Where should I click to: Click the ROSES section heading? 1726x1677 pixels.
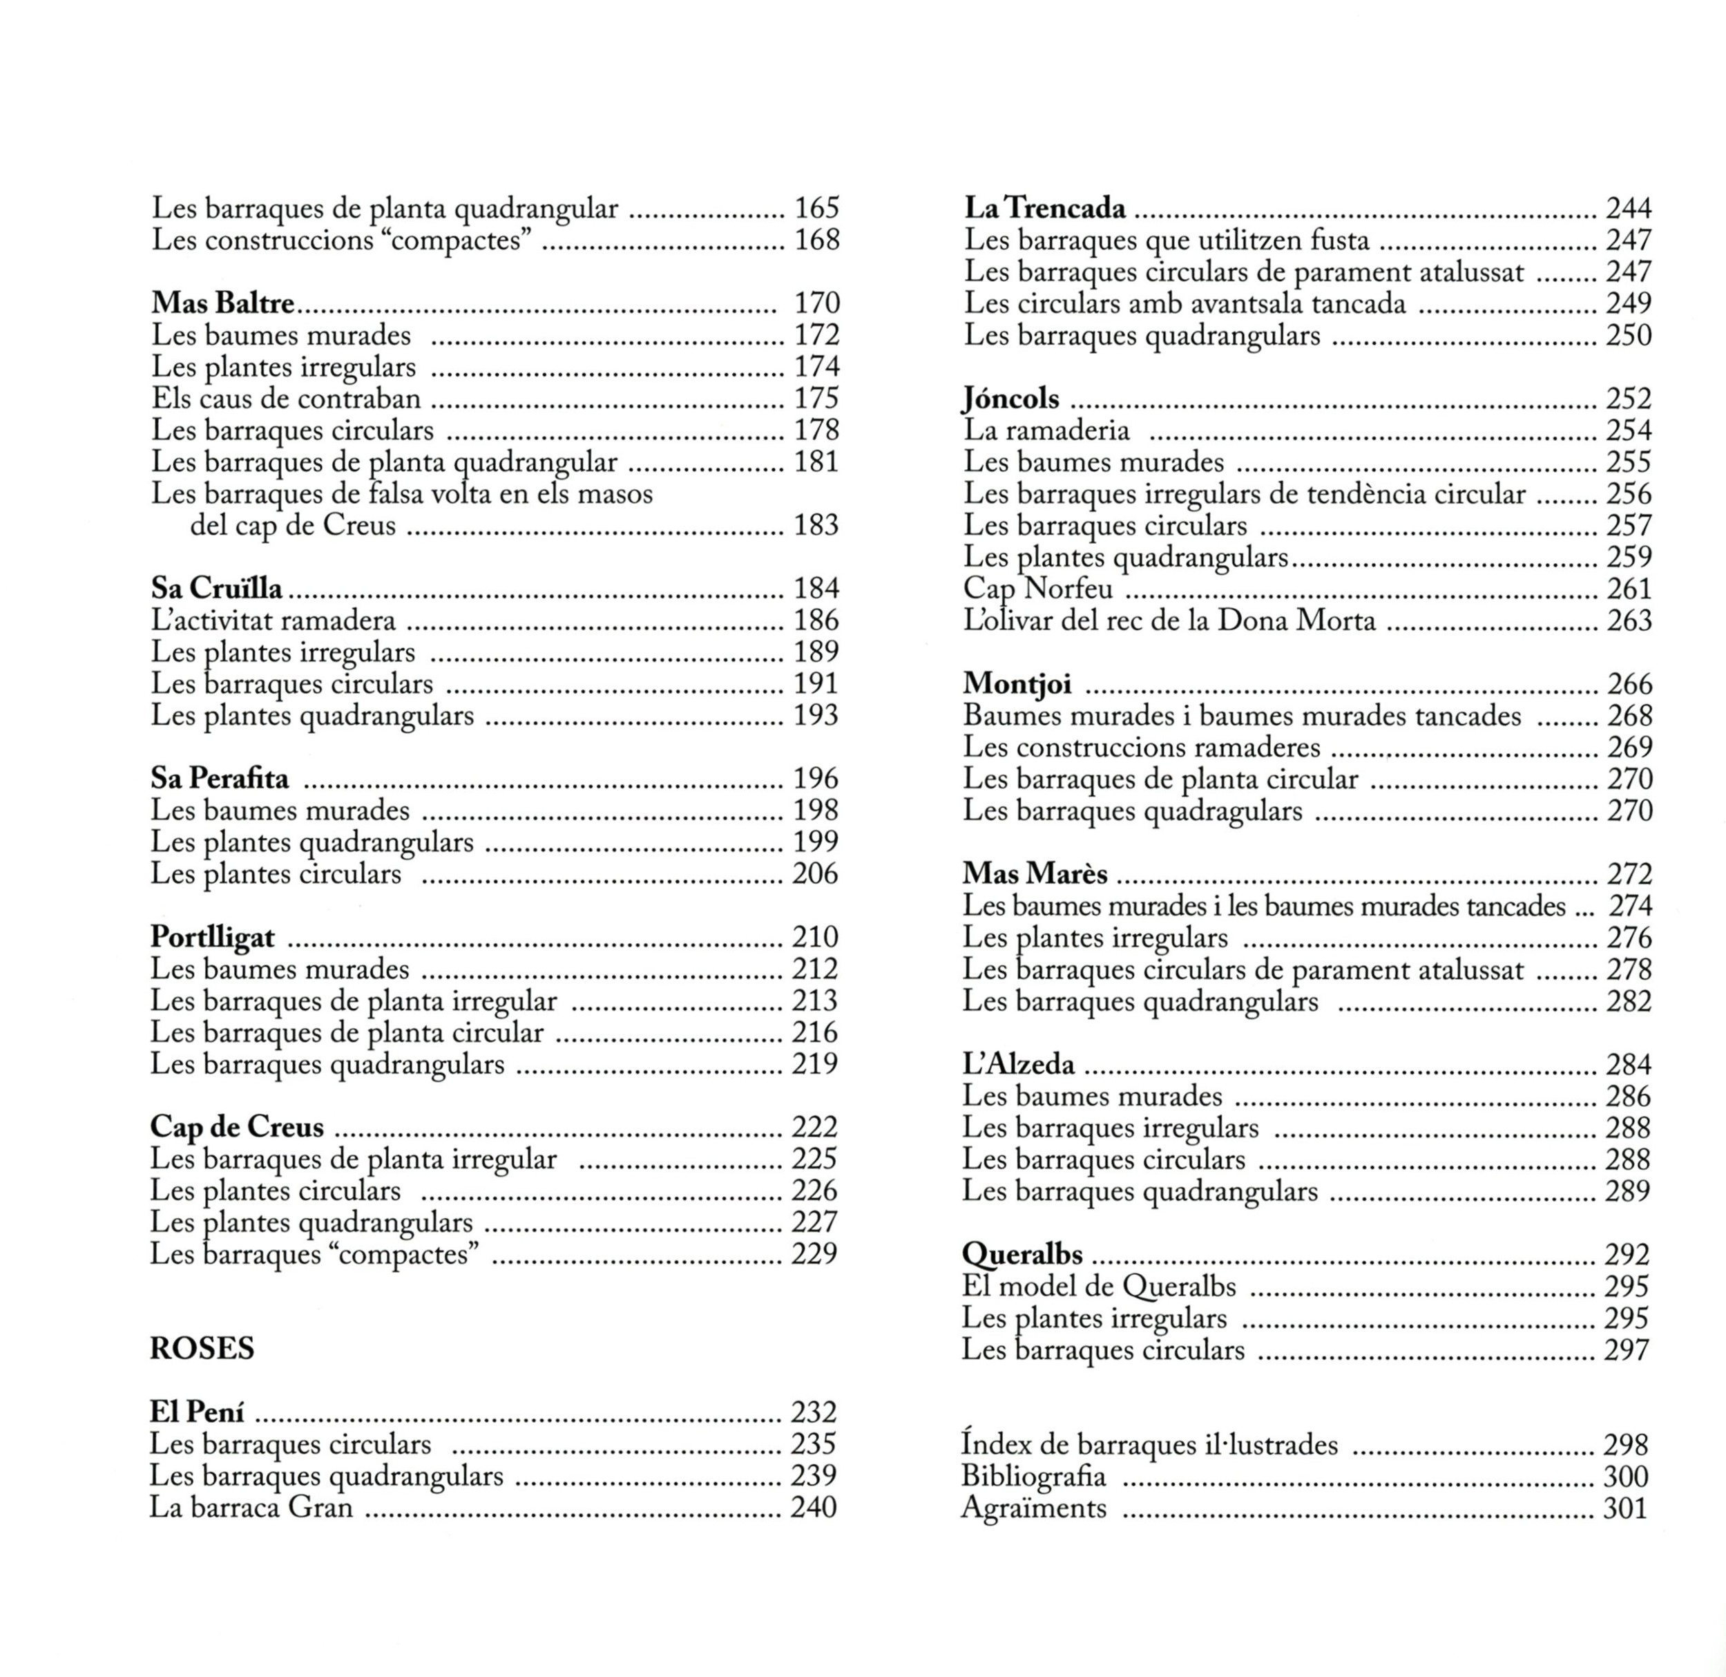pos(202,1349)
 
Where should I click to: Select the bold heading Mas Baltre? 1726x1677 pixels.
pos(223,303)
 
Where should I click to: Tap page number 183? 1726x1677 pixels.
pos(816,526)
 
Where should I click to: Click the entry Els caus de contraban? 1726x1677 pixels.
pos(286,399)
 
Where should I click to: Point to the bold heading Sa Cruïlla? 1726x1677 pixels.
pos(217,588)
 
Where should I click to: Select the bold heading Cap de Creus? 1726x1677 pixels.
pos(237,1128)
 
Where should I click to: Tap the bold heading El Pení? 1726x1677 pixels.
pos(198,1413)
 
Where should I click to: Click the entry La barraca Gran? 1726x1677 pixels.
pos(251,1508)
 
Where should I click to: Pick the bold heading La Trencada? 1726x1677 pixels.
pos(1045,209)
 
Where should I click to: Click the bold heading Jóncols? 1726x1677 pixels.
pos(1011,399)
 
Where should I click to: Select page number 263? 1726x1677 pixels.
pos(1628,621)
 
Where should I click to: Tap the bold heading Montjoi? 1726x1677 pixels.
pos(1017,684)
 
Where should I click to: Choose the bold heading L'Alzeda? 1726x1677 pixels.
pos(1019,1065)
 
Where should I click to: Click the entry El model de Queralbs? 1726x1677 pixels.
pos(1099,1287)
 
